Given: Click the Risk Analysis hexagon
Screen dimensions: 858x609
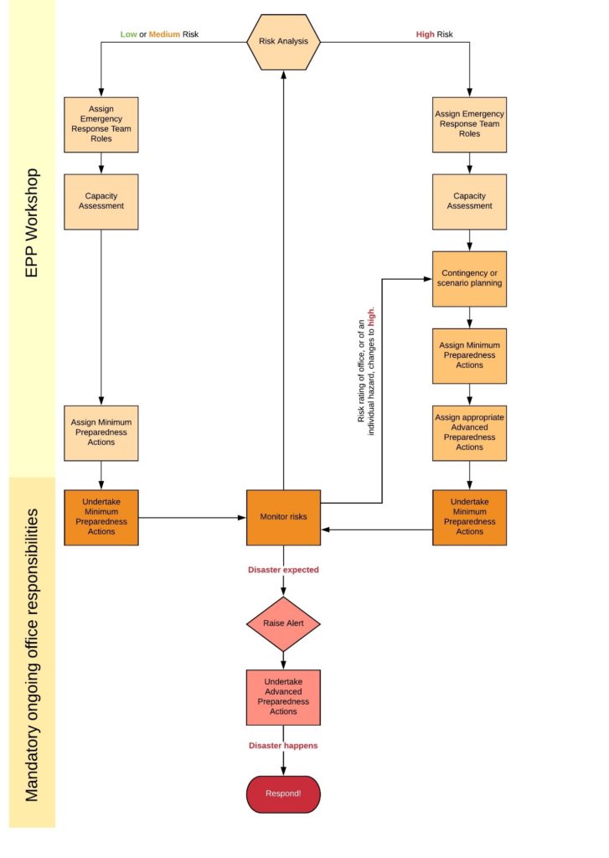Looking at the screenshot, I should (283, 41).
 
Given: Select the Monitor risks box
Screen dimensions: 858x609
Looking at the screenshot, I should (283, 517).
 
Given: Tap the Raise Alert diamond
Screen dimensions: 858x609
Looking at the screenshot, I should (283, 624).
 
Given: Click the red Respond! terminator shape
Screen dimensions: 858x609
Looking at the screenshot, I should (283, 793).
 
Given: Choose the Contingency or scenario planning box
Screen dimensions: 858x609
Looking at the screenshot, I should (469, 278).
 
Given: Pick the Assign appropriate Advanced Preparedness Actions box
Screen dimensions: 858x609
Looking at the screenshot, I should (469, 432).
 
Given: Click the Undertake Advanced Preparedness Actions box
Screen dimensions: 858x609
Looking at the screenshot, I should (283, 696).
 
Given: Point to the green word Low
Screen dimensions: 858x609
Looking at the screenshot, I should (128, 34).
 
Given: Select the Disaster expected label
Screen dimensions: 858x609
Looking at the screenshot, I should (283, 570).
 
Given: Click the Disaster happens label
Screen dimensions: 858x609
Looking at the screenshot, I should (283, 745).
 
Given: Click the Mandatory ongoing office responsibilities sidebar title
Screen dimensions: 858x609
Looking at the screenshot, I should (32, 654).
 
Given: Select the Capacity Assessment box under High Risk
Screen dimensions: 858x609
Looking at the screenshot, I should (469, 201).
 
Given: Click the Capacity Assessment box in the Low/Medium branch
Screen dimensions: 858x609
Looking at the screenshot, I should (101, 201).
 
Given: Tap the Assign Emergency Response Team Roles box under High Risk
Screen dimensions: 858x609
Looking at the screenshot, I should (469, 124).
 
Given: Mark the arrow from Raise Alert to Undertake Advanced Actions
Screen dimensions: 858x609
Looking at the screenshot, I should (283, 660).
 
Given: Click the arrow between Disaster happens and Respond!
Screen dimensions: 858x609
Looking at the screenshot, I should (283, 763).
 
